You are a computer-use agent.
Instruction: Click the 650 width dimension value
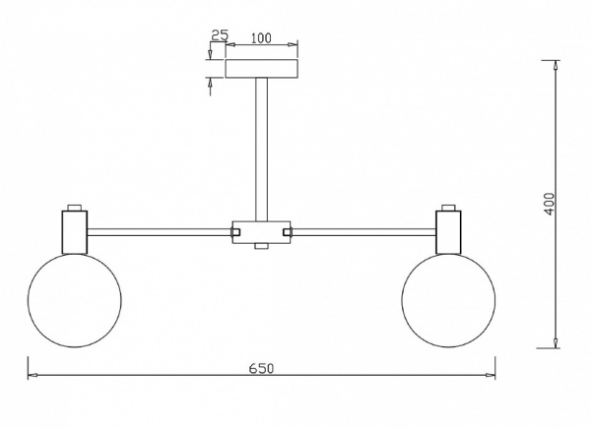pos(261,368)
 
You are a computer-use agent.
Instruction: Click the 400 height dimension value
pos(550,204)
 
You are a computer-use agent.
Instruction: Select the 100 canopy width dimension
pos(260,38)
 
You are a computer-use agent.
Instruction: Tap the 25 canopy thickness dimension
pos(220,35)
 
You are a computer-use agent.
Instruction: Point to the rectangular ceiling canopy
pos(262,69)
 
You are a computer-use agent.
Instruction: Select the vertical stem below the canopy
pos(262,148)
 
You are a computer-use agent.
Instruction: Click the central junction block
pos(262,231)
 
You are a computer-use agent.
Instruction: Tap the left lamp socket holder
pos(74,230)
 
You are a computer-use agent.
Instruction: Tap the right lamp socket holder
pos(449,230)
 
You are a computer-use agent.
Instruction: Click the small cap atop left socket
pos(74,208)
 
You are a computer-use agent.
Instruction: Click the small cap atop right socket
pos(449,208)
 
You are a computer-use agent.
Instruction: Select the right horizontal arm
pos(364,232)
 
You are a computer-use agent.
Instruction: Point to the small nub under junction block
pos(262,246)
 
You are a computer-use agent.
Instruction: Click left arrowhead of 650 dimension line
pos(32,375)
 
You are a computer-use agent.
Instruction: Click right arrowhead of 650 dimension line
pos(492,375)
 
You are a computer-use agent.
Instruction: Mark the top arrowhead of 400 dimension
pos(557,65)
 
